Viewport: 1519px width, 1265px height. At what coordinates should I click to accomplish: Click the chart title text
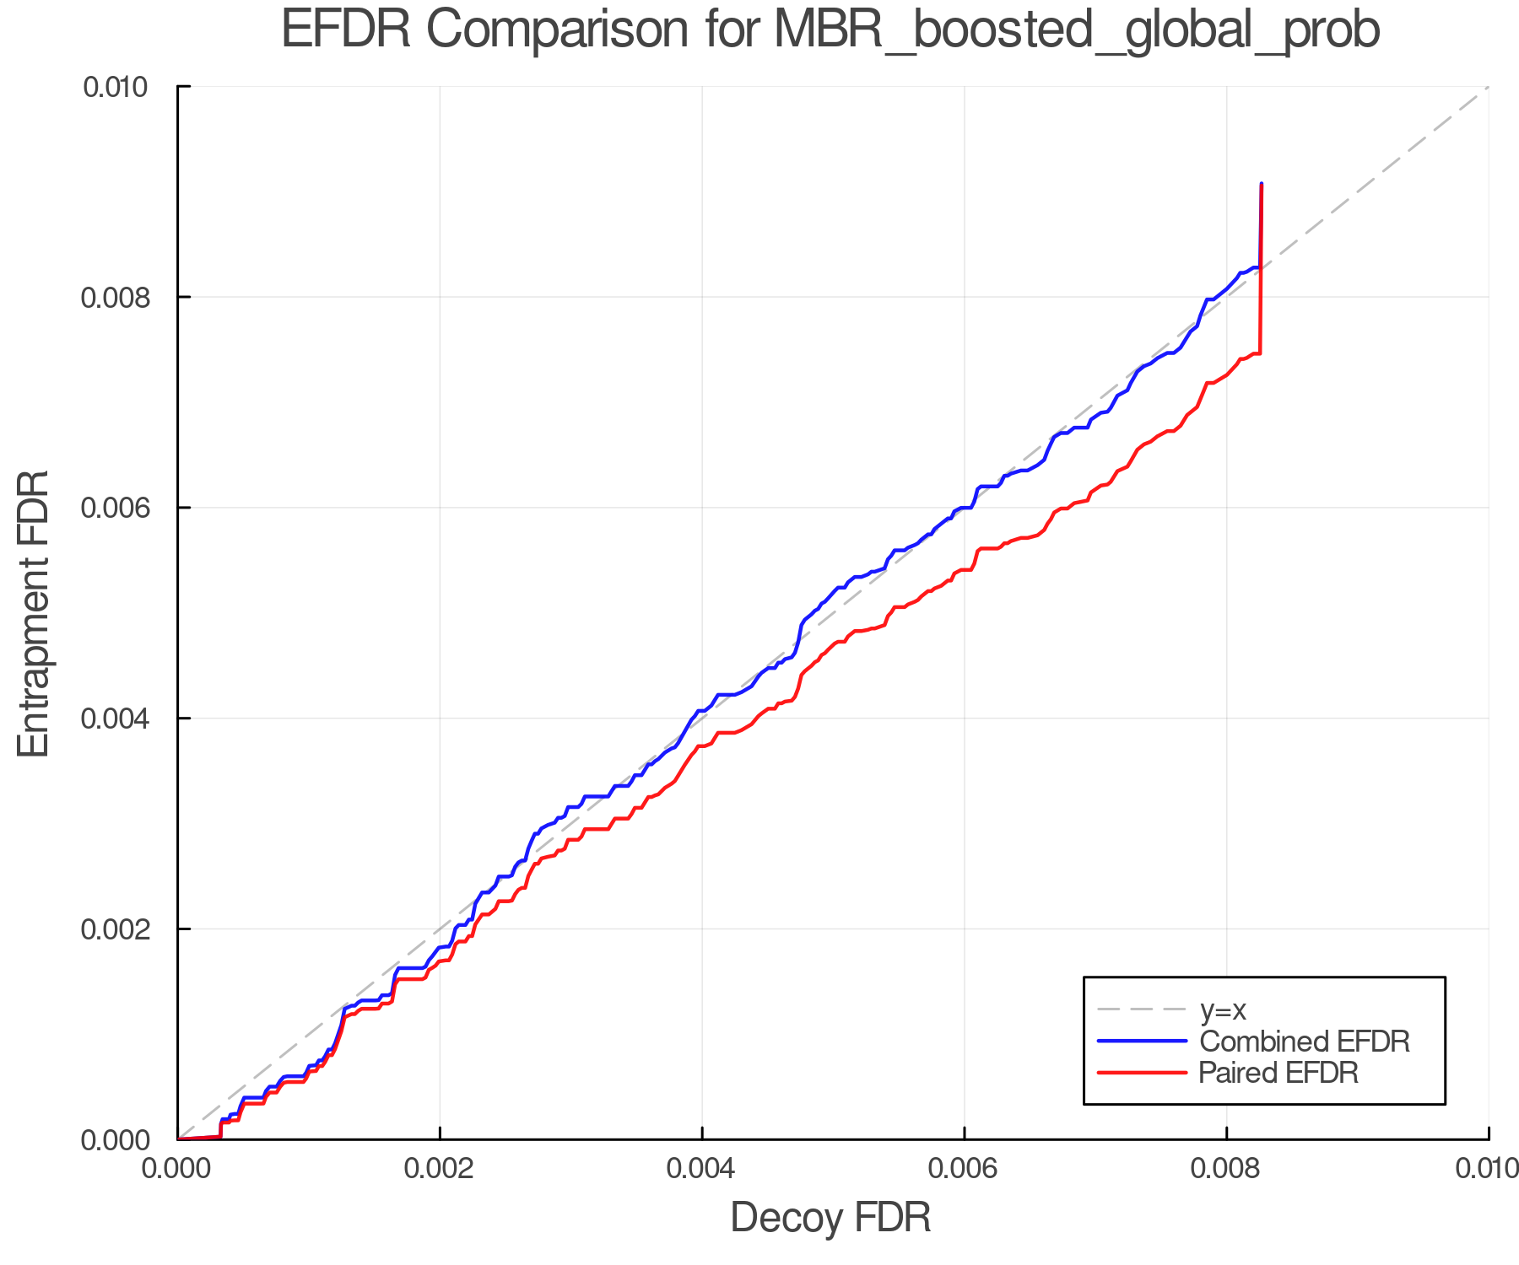click(x=830, y=30)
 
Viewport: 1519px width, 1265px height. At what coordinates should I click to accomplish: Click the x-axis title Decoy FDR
click(x=830, y=1217)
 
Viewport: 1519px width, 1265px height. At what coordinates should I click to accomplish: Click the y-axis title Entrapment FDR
click(x=34, y=614)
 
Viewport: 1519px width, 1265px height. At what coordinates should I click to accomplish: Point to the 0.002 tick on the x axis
click(x=440, y=1168)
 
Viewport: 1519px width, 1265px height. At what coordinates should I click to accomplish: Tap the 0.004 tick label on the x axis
click(x=702, y=1168)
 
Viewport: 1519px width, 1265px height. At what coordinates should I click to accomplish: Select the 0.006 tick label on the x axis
click(x=965, y=1168)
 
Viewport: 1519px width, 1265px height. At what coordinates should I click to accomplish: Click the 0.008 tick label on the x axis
click(x=1227, y=1168)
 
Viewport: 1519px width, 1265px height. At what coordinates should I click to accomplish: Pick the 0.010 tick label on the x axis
click(x=1487, y=1168)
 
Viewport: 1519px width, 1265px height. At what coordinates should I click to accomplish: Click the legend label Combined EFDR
click(x=1305, y=1042)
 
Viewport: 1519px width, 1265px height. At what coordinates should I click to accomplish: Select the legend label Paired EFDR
click(x=1278, y=1073)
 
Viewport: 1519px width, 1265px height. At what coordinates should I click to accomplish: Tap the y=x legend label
click(x=1223, y=1009)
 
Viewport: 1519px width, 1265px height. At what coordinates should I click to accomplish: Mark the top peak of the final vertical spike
click(x=1261, y=183)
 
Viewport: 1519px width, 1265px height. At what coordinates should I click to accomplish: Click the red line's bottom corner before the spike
click(x=1260, y=353)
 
